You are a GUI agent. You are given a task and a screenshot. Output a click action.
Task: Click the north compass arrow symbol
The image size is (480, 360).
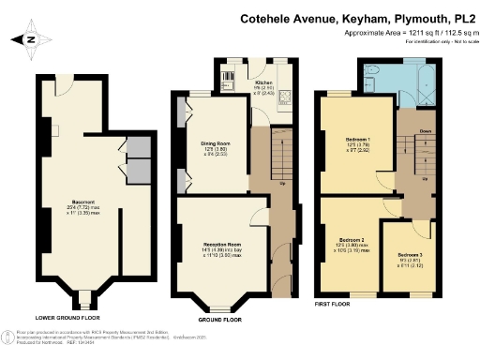(29, 39)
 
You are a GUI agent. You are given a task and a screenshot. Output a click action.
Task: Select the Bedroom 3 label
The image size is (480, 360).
(410, 255)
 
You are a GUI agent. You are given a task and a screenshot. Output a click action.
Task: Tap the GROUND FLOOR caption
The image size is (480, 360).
(220, 319)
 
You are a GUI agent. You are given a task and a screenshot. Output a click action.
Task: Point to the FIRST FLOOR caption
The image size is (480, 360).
(333, 302)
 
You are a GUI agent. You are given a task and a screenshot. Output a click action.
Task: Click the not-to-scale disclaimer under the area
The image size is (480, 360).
(440, 41)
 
